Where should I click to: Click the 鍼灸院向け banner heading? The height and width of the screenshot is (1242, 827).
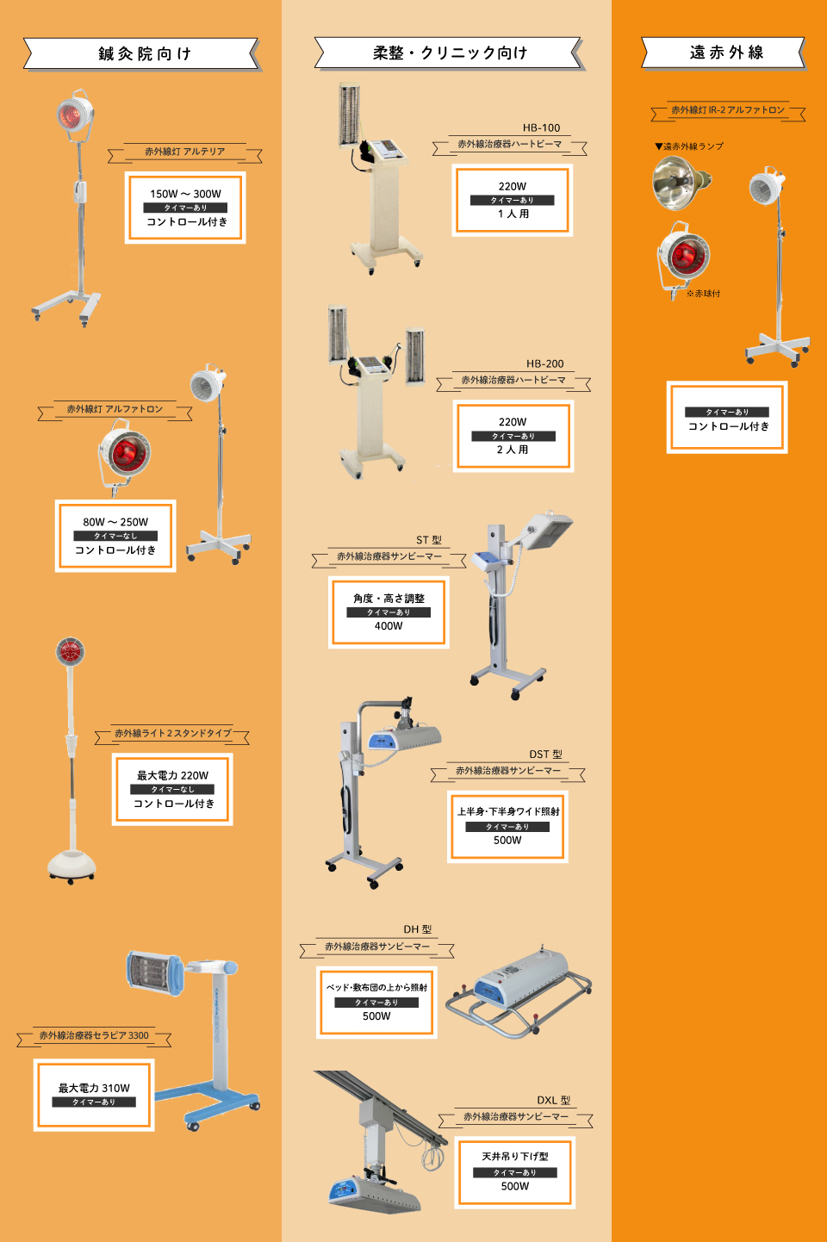pyautogui.click(x=144, y=54)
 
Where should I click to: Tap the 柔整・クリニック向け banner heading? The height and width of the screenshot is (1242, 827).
pyautogui.click(x=450, y=53)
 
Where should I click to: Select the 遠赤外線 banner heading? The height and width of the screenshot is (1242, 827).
pyautogui.click(x=726, y=53)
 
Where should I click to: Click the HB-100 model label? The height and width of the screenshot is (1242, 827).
pyautogui.click(x=541, y=128)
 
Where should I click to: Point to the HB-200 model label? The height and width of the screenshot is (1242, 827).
pyautogui.click(x=544, y=364)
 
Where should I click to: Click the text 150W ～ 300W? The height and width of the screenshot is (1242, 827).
pyautogui.click(x=185, y=194)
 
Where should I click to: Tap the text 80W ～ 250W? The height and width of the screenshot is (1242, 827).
pyautogui.click(x=115, y=522)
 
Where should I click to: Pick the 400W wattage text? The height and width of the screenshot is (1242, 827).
pyautogui.click(x=389, y=626)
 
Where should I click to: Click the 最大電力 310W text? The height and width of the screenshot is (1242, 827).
pyautogui.click(x=94, y=1088)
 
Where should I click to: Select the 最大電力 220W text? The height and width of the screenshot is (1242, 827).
pyautogui.click(x=172, y=775)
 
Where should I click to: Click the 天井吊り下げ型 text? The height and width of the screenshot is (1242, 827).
pyautogui.click(x=515, y=1157)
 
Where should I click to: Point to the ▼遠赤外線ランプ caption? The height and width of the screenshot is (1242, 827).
pyautogui.click(x=689, y=146)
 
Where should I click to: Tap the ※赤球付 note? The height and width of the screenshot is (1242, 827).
pyautogui.click(x=703, y=294)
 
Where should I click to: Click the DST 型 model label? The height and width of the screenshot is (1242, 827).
pyautogui.click(x=545, y=755)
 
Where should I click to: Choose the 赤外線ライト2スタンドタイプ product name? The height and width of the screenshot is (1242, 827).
pyautogui.click(x=172, y=734)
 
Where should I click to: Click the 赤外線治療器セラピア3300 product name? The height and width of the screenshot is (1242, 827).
pyautogui.click(x=94, y=1036)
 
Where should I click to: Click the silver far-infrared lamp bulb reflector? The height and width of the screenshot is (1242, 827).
pyautogui.click(x=677, y=182)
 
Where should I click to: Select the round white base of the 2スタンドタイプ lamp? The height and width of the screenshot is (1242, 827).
pyautogui.click(x=72, y=863)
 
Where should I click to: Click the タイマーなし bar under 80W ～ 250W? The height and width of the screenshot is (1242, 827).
pyautogui.click(x=115, y=536)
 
